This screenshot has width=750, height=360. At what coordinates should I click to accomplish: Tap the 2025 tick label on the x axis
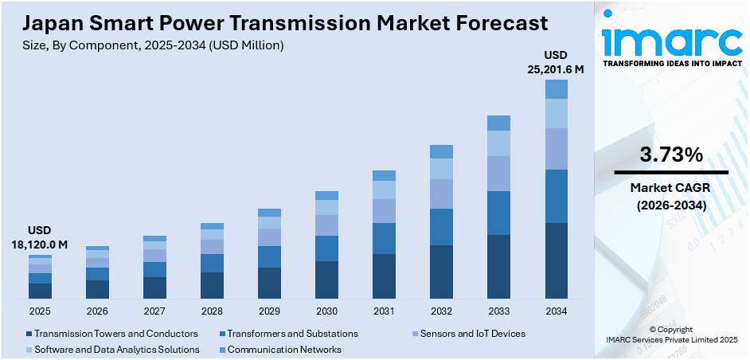click(x=40, y=311)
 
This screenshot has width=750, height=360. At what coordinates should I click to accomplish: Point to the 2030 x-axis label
click(x=326, y=311)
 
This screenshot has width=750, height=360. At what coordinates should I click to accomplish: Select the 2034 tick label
click(x=556, y=311)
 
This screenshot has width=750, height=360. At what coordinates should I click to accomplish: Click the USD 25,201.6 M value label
click(x=556, y=62)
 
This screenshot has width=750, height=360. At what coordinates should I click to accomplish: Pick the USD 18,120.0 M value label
click(x=40, y=237)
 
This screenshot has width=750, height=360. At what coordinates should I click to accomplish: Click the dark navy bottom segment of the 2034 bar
click(x=556, y=260)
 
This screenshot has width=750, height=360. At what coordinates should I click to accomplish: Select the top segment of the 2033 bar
click(x=498, y=123)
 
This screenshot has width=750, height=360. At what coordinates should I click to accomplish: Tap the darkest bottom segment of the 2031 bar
click(x=384, y=276)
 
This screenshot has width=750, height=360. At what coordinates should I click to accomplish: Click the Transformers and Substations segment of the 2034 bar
click(x=556, y=196)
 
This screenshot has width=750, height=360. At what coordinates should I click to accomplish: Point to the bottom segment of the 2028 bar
click(x=212, y=285)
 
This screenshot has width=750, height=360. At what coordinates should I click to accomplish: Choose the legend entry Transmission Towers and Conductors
click(x=111, y=334)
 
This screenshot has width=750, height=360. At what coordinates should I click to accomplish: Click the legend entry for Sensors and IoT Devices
click(x=470, y=334)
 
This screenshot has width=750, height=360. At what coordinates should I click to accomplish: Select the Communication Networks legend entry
click(x=283, y=350)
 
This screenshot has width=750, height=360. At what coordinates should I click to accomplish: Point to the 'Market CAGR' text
click(x=670, y=188)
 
